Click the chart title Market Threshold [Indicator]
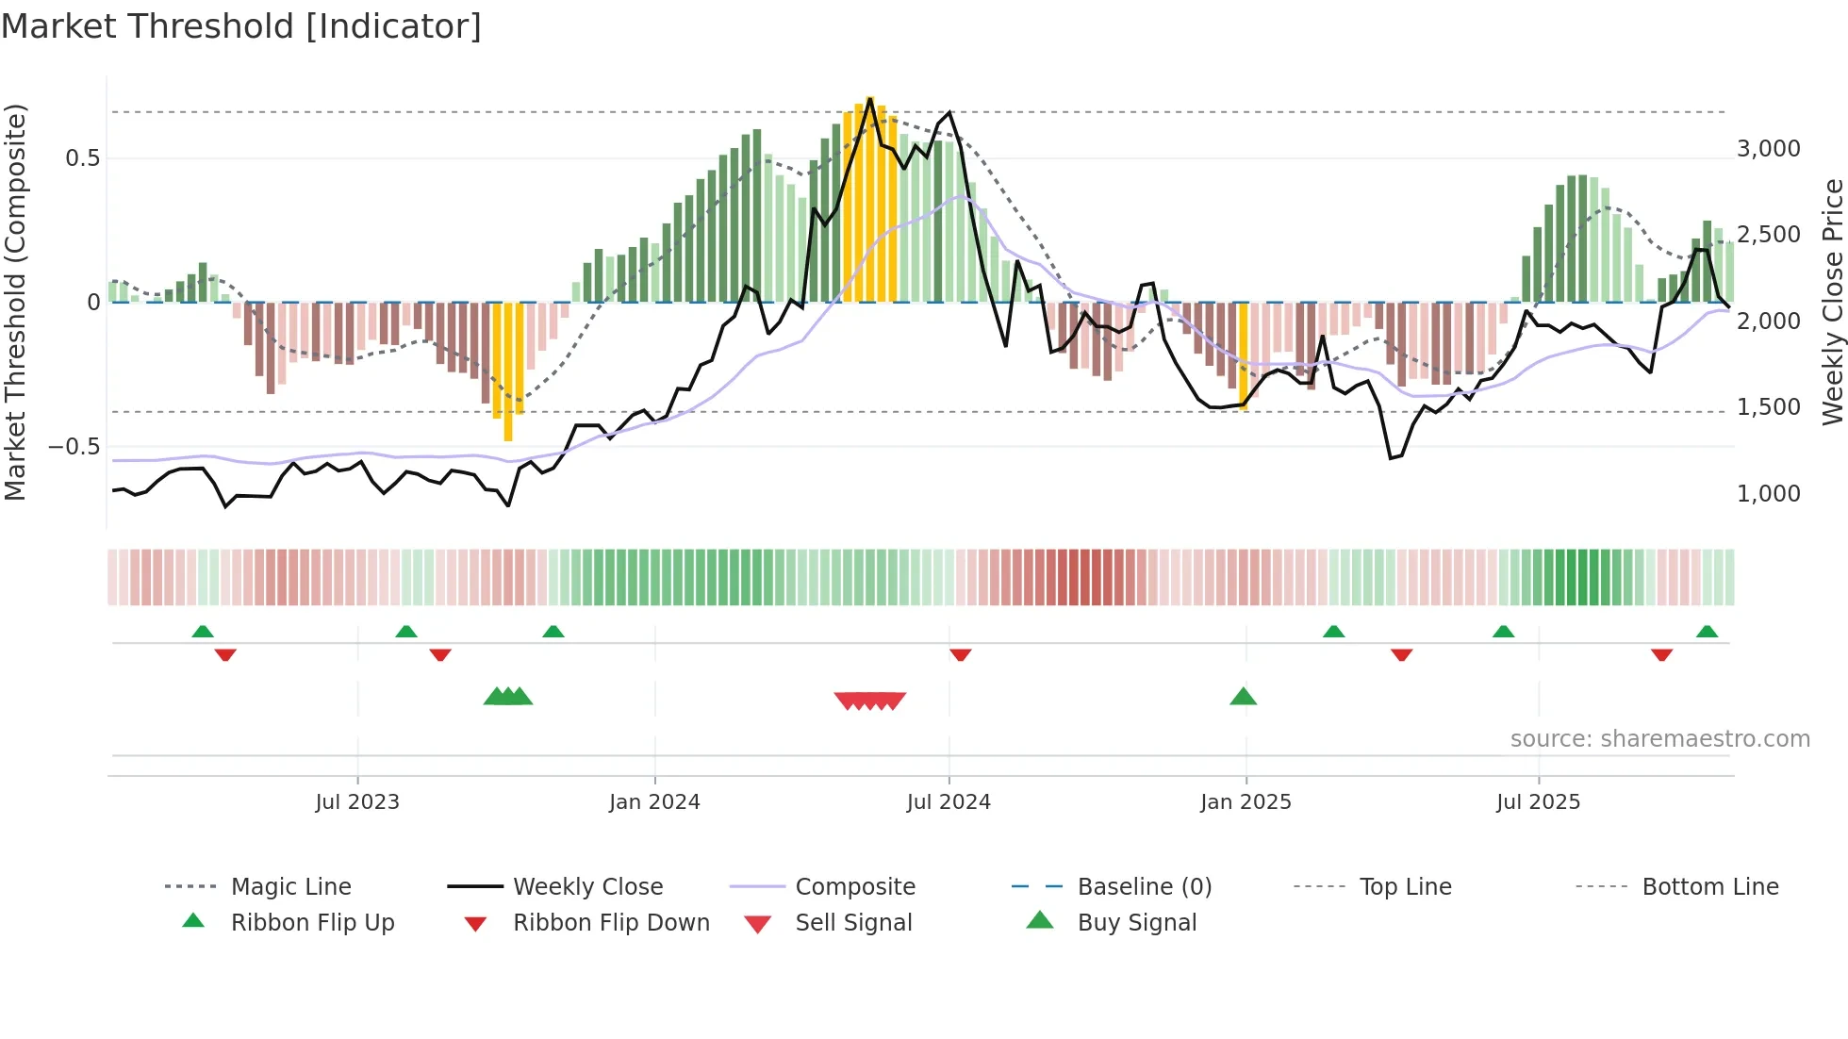pyautogui.click(x=241, y=26)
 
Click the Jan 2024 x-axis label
pyautogui.click(x=654, y=802)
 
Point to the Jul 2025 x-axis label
pyautogui.click(x=1538, y=802)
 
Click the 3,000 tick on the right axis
pyautogui.click(x=1768, y=149)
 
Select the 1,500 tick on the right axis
pyautogui.click(x=1768, y=407)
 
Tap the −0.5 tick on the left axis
pyautogui.click(x=74, y=447)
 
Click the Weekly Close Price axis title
pyautogui.click(x=1832, y=302)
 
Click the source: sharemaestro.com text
pyautogui.click(x=1659, y=739)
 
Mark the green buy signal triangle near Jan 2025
pyautogui.click(x=1243, y=697)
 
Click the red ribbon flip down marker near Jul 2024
pyautogui.click(x=960, y=654)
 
